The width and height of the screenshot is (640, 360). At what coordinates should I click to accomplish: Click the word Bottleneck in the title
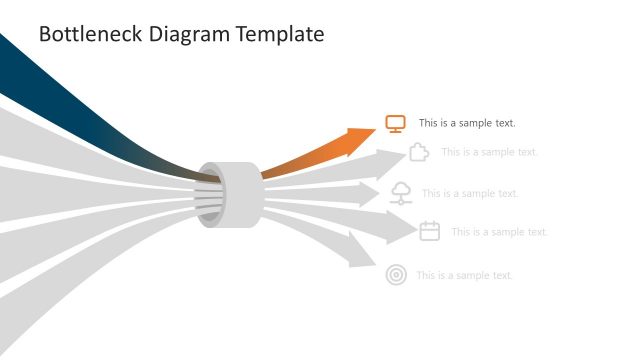tap(89, 34)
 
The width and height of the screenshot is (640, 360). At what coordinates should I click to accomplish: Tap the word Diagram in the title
tap(190, 34)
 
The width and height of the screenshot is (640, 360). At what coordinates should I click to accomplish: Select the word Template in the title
tap(282, 34)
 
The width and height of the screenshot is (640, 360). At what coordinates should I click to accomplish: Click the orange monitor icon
tap(395, 124)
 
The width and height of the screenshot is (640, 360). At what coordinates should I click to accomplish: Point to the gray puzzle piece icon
tap(420, 152)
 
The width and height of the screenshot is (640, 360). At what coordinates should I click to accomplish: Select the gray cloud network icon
tap(400, 193)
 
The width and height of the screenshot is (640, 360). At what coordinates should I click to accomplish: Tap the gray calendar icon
tap(430, 231)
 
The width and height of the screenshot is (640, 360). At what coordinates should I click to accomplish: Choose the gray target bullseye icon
tap(396, 275)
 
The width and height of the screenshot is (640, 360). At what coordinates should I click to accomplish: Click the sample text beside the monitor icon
tap(467, 124)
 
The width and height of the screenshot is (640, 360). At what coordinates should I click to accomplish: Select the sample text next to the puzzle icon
tap(489, 152)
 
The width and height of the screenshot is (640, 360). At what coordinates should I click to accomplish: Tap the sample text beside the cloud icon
tap(470, 194)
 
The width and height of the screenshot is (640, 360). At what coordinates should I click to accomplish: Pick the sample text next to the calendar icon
tap(499, 232)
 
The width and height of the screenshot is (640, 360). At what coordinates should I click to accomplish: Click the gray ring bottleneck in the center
tap(229, 194)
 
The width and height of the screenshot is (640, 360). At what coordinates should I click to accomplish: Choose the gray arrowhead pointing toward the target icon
tap(361, 251)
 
